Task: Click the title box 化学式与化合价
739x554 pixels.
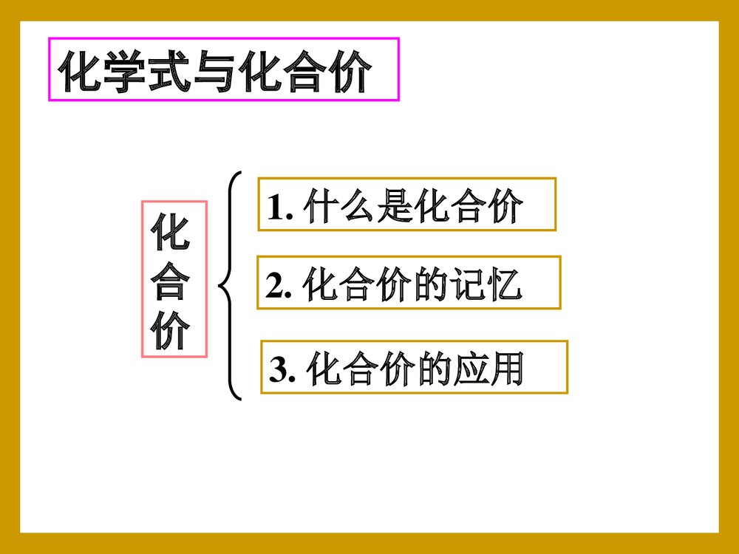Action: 223,69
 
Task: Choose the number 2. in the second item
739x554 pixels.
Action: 280,287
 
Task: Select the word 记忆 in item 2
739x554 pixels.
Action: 487,286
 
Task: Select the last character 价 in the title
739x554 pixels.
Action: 347,72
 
